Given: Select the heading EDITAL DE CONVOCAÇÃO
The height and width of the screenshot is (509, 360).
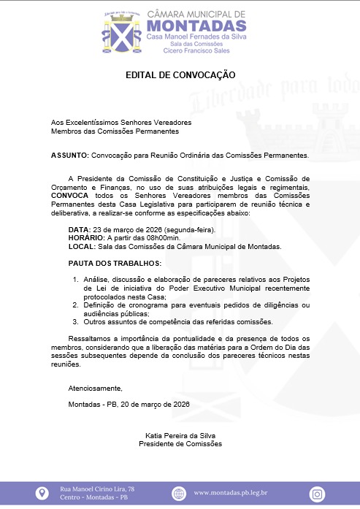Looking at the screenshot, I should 180,74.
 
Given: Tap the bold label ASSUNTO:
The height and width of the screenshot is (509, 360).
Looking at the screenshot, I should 69,156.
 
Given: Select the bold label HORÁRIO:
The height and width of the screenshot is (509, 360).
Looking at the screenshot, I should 86,238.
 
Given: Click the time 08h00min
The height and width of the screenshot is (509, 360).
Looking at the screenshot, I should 164,238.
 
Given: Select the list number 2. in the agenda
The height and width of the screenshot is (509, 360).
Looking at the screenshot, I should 75,305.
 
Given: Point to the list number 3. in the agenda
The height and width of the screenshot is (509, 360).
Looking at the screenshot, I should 75,321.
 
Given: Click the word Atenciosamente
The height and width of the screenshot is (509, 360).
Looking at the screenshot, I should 95,388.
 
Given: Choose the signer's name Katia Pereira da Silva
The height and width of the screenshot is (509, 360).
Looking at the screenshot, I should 180,435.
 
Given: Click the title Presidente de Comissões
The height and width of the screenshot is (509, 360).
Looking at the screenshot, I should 180,443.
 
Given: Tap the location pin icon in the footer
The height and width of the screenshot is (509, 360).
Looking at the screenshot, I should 48,493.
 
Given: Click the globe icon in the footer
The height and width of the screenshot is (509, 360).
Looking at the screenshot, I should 183,493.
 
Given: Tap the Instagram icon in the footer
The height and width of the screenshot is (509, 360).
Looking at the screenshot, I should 317,493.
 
